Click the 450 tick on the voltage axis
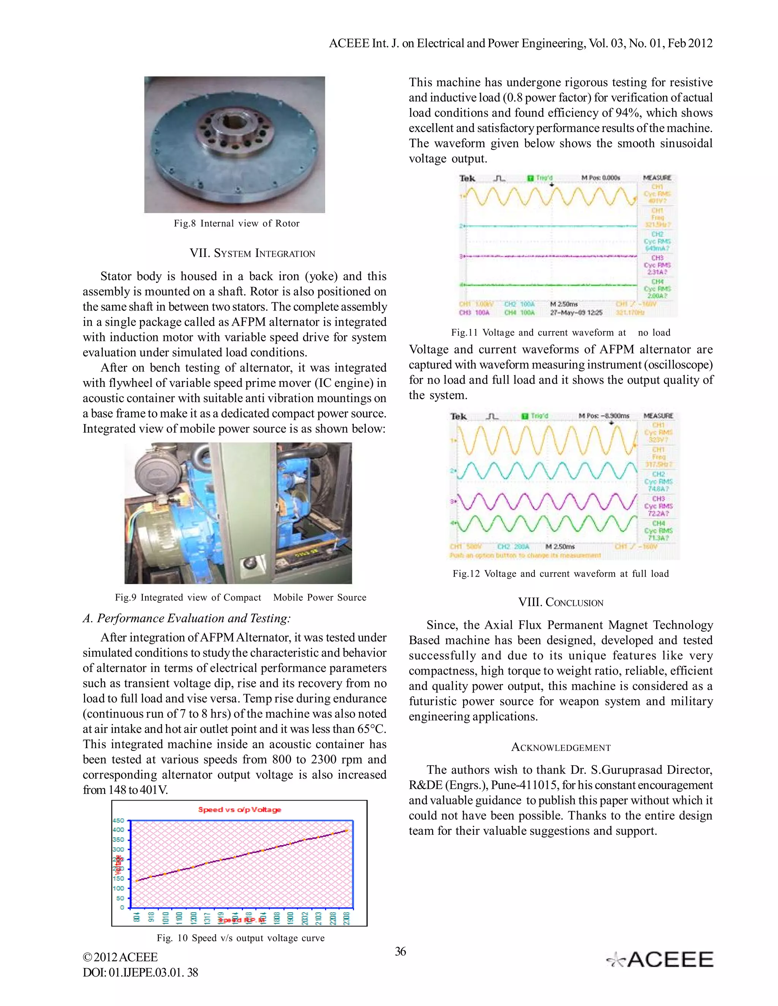(x=118, y=820)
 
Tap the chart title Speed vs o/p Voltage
(x=239, y=810)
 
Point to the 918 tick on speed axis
(x=151, y=917)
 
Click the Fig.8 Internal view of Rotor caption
(x=236, y=223)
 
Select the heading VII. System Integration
(x=252, y=253)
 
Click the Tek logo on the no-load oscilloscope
(x=467, y=178)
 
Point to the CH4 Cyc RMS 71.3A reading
(x=659, y=531)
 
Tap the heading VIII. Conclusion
(x=560, y=602)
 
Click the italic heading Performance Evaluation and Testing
(x=187, y=618)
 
